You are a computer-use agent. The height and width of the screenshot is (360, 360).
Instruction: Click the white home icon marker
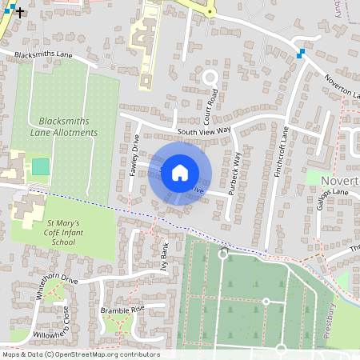tap(180, 172)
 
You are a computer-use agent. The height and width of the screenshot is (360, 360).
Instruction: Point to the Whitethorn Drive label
tap(57, 286)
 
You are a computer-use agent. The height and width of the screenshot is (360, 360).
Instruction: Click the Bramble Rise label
tap(116, 309)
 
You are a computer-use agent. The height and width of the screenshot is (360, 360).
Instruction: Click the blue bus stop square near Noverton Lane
tap(301, 54)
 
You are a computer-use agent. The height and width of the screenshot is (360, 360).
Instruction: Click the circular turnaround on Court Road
tap(210, 78)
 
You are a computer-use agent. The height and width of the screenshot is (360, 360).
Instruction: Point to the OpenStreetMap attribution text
tap(80, 354)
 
